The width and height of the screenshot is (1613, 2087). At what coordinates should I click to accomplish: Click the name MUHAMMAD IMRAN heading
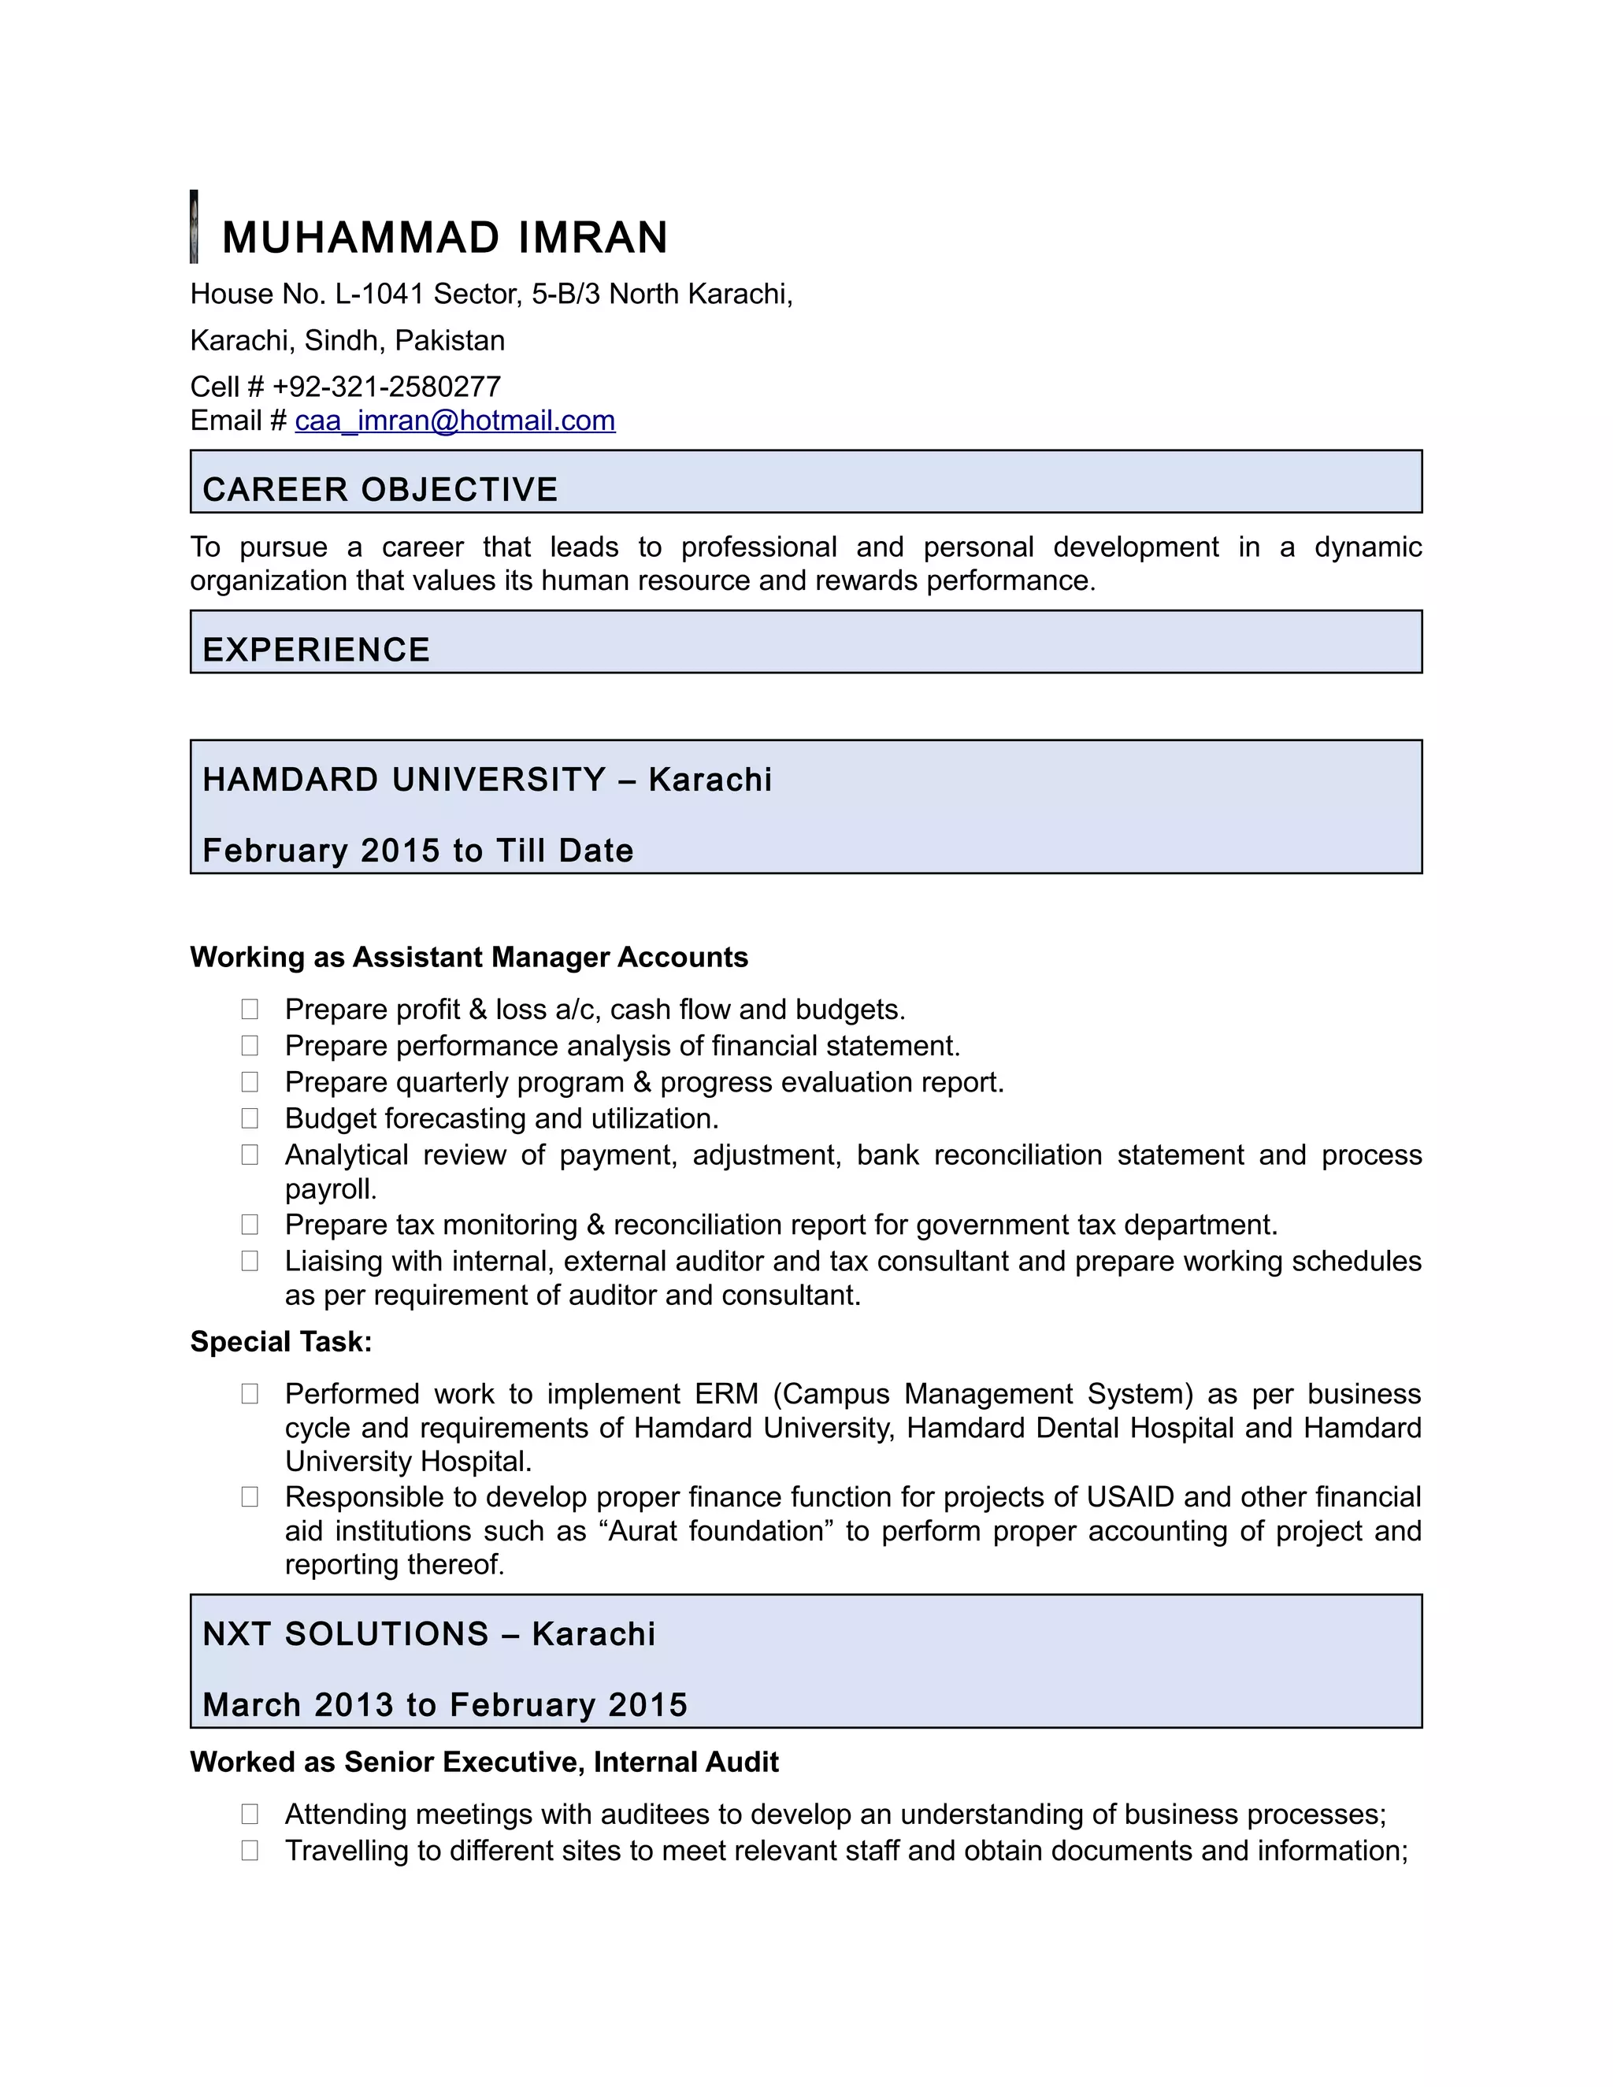444,238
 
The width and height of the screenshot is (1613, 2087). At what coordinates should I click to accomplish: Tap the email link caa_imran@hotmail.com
455,421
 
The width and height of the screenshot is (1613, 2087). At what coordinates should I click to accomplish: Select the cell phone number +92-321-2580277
386,386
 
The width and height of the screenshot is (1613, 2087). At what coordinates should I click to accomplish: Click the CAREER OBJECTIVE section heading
380,489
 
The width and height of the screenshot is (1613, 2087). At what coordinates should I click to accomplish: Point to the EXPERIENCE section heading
317,650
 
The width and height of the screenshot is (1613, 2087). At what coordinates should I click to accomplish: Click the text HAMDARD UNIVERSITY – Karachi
487,780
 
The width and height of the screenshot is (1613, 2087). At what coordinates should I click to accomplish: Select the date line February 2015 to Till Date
417,851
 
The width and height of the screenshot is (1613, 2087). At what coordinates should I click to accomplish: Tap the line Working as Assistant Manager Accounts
469,957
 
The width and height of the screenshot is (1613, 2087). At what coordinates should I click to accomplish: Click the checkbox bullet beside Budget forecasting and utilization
250,1118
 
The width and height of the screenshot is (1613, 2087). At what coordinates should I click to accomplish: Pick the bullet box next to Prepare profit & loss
250,1009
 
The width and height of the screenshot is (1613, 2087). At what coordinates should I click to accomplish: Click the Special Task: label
281,1342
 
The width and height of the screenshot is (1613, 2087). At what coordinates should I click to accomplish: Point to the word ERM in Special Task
726,1393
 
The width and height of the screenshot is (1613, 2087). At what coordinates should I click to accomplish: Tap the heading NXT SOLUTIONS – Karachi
429,1634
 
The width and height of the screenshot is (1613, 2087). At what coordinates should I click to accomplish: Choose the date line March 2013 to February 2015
444,1705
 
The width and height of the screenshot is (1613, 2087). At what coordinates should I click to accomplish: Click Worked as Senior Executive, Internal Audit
484,1762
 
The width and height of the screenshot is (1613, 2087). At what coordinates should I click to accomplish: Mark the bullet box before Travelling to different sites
250,1850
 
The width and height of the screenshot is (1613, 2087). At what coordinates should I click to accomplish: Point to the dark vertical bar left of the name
194,227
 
